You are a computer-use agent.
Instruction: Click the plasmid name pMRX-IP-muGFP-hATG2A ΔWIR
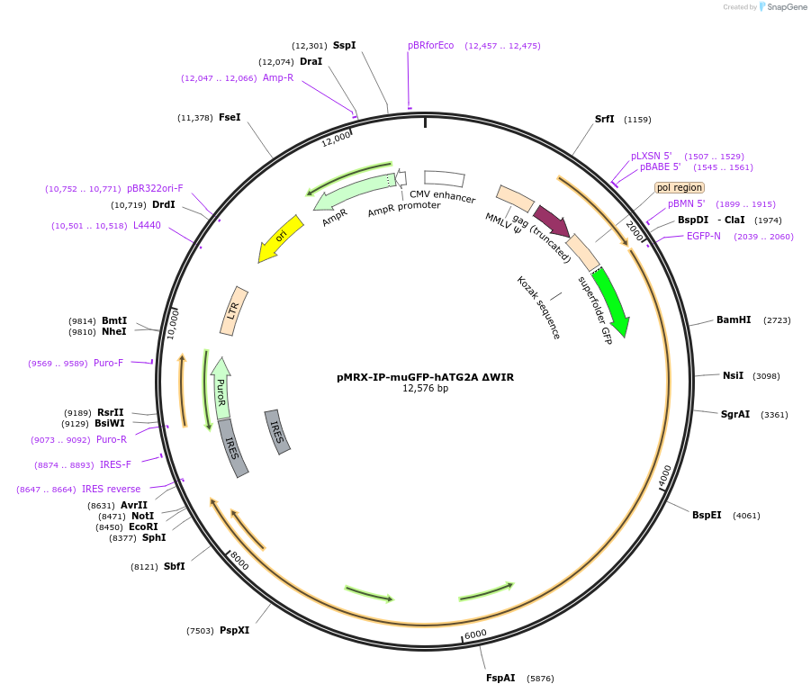click(x=425, y=377)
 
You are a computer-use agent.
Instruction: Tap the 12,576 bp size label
click(x=425, y=389)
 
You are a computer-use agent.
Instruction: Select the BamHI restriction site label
click(x=733, y=320)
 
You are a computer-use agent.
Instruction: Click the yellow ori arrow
click(x=280, y=239)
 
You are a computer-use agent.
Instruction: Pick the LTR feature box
click(x=234, y=311)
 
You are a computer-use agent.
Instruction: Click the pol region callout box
click(x=679, y=188)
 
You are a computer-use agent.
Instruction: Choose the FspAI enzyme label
click(x=500, y=678)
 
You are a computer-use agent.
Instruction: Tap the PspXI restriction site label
click(x=234, y=631)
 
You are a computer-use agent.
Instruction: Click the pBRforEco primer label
click(x=430, y=46)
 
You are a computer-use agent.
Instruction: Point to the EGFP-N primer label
click(x=703, y=237)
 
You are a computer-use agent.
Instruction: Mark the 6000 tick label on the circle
click(x=475, y=634)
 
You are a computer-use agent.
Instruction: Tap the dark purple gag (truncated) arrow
click(x=550, y=220)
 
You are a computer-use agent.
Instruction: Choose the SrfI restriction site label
click(x=604, y=120)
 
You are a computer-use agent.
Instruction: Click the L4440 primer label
click(x=147, y=226)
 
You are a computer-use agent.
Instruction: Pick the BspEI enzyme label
click(x=707, y=516)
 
